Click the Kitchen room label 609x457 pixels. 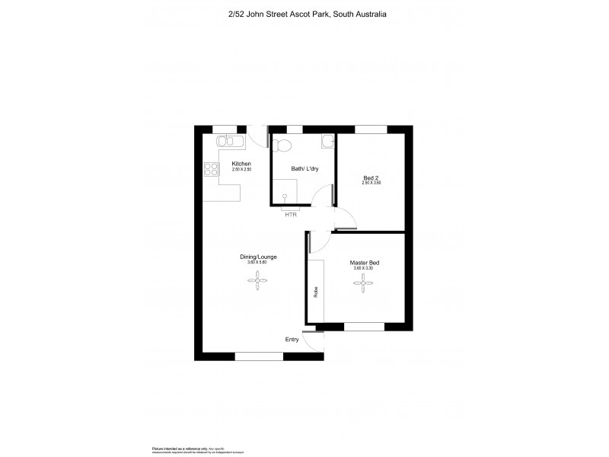coord(241,165)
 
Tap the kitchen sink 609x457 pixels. coord(228,140)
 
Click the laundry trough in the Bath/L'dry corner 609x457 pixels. coord(327,141)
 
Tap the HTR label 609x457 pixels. coord(291,215)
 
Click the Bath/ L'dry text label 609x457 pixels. coord(304,168)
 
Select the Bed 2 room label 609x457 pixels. coord(371,178)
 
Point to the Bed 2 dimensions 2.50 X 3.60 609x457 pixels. coord(371,184)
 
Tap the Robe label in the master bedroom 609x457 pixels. coord(315,292)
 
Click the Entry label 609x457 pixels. coord(292,339)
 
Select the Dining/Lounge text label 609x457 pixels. coord(260,257)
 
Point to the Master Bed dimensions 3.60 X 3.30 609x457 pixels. coord(365,268)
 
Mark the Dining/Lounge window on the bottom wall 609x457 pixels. coord(259,356)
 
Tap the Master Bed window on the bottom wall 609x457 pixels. coord(364,327)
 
